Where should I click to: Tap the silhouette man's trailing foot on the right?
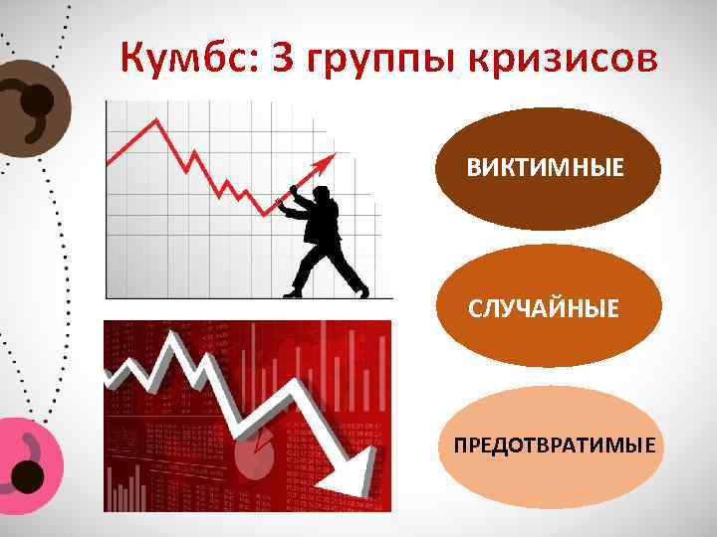[x=361, y=292]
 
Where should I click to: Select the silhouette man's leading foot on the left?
[x=292, y=292]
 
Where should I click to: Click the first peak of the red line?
[x=154, y=121]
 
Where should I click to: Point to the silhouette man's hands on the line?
[x=287, y=196]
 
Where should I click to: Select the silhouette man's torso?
[x=323, y=224]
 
